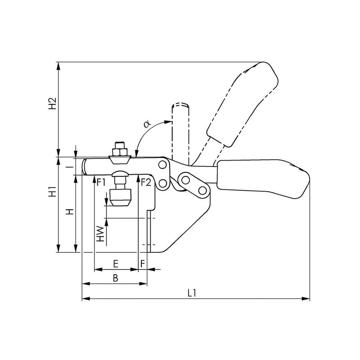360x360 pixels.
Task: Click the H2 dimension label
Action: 52,103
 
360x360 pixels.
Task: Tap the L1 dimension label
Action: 192,293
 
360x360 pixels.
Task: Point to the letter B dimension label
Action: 116,278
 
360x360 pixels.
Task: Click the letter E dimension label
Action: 116,264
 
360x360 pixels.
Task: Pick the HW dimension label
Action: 100,234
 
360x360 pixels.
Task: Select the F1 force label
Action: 101,183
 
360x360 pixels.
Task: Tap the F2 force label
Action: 146,183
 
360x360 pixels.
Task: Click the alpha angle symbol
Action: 147,124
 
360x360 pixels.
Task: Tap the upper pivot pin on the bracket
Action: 162,165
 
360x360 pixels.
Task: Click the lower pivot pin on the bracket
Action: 163,184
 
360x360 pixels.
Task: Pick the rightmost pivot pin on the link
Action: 202,190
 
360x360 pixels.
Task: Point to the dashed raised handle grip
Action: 243,104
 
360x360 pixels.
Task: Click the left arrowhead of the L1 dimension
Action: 86,299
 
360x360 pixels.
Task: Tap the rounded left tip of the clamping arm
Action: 85,166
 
